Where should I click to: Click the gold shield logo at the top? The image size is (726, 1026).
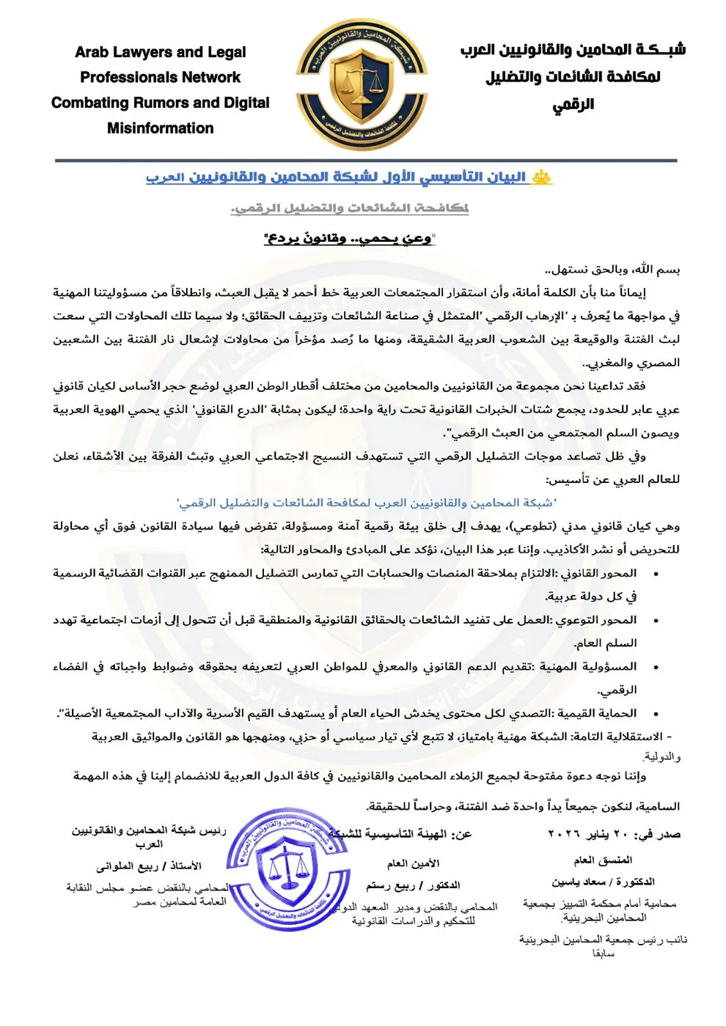tap(362, 85)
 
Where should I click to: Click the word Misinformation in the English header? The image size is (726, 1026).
tap(160, 128)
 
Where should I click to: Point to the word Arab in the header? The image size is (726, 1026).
tap(91, 52)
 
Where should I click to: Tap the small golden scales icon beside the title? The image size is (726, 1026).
tap(542, 177)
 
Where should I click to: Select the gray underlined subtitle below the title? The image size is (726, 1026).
tap(350, 208)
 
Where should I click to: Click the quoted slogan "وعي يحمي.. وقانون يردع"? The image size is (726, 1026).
tap(350, 238)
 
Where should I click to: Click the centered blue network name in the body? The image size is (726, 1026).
tap(366, 503)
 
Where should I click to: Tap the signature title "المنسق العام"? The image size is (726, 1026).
tap(603, 860)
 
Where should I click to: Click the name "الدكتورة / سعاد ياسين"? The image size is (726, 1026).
tap(603, 882)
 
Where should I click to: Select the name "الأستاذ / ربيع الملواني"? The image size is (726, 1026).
tap(149, 866)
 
